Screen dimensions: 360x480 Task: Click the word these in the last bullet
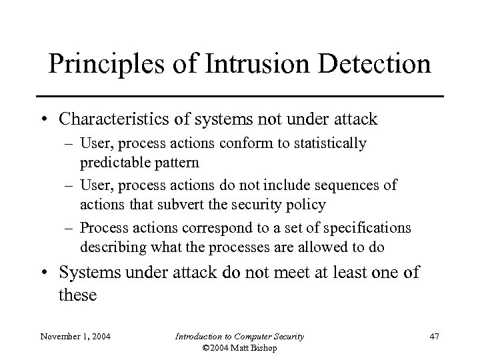pos(78,295)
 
